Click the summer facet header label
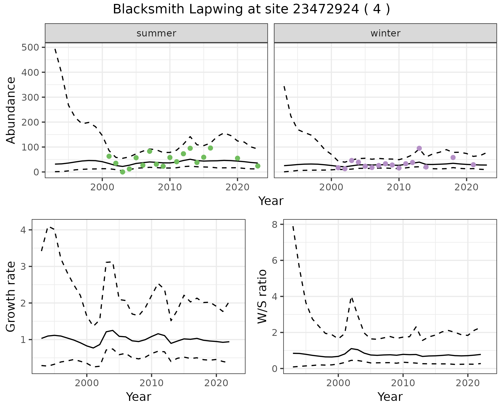[x=156, y=33]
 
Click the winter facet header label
[x=385, y=33]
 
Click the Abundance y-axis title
[x=11, y=110]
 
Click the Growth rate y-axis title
[x=11, y=297]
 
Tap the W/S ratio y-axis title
[x=262, y=297]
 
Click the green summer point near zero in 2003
[x=123, y=172]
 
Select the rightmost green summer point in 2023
[x=258, y=166]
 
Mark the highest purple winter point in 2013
[x=419, y=148]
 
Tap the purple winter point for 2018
[x=453, y=158]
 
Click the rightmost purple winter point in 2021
[x=473, y=165]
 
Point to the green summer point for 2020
[x=238, y=158]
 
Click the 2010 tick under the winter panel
[x=399, y=187]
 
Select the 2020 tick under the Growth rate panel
[x=216, y=383]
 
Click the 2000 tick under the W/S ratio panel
[x=338, y=383]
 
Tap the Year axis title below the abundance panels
[x=271, y=201]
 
